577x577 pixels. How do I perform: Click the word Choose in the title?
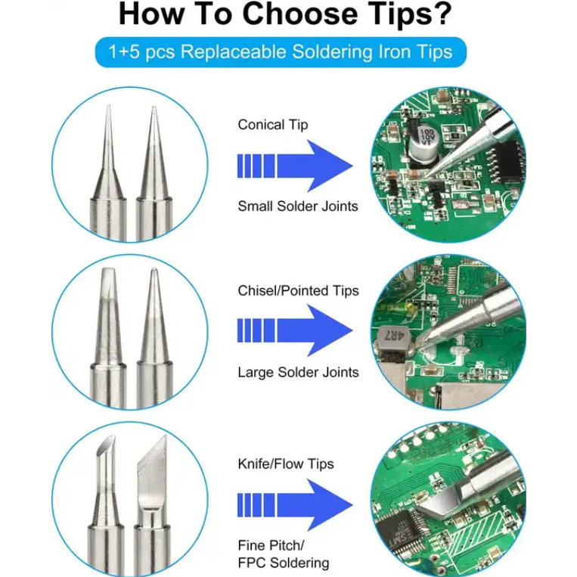point(300,14)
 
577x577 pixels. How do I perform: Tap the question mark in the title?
point(441,14)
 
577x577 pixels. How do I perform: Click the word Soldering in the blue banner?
point(333,52)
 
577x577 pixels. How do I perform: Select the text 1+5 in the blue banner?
point(124,52)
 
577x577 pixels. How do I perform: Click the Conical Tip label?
point(273,125)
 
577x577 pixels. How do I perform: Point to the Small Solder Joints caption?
point(298,206)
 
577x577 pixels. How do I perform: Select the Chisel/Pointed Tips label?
point(298,290)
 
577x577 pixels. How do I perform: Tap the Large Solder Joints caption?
point(298,372)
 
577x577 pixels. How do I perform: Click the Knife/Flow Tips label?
point(286,464)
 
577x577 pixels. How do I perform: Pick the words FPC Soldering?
point(284,563)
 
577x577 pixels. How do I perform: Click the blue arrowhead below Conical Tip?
point(330,166)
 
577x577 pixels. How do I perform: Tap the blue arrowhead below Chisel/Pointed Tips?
point(330,330)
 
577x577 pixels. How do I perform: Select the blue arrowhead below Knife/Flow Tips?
point(330,505)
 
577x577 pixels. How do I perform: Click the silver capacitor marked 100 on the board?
point(423,144)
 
